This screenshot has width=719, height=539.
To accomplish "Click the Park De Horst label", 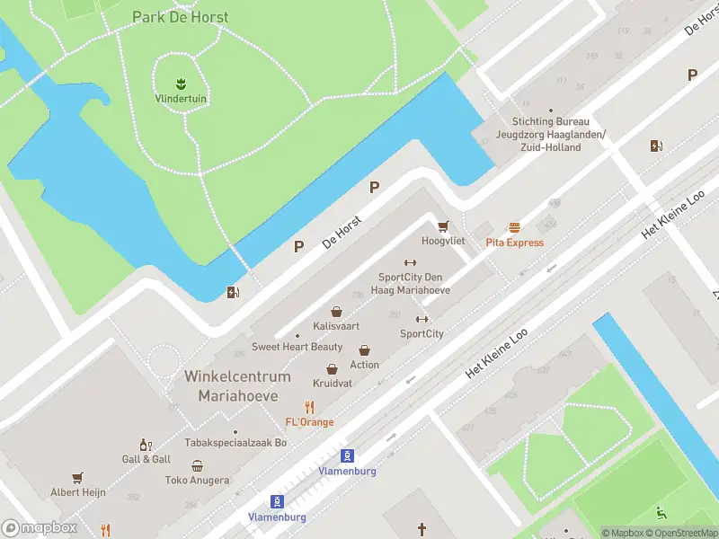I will pos(180,17).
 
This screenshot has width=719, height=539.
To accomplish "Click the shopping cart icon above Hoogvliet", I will pos(442,225).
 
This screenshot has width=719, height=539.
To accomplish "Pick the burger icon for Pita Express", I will pos(514,227).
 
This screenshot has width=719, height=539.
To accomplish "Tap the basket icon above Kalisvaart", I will pos(336,311).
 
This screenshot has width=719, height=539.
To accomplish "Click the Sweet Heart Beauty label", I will pos(297,347).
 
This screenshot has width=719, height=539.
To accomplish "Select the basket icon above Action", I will pos(364,349).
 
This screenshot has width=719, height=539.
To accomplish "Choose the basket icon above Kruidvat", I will pos(332,368).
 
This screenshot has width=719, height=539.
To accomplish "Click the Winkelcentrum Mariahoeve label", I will pos(238,385).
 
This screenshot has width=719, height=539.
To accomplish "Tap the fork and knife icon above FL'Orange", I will pos(309,407).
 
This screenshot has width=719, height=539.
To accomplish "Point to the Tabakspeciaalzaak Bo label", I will pos(235,442).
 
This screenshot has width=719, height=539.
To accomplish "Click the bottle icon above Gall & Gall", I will pos(144,444).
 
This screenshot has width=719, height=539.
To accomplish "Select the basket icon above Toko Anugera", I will pos(197,465).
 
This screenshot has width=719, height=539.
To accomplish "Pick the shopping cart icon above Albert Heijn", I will pos(78,477).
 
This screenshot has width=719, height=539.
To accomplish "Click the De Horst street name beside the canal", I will pos(341,231).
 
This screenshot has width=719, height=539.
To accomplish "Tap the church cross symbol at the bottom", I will pos(422,530).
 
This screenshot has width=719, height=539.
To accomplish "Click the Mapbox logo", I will pos(39,528).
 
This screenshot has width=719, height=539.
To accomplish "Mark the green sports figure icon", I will pos(661,513).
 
